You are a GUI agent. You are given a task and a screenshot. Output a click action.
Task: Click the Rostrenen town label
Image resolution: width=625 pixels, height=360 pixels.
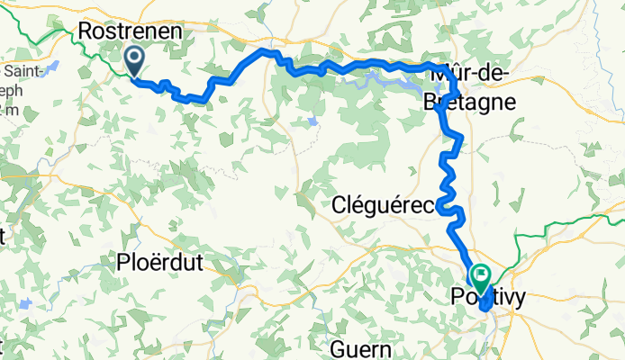(x=131, y=31)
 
